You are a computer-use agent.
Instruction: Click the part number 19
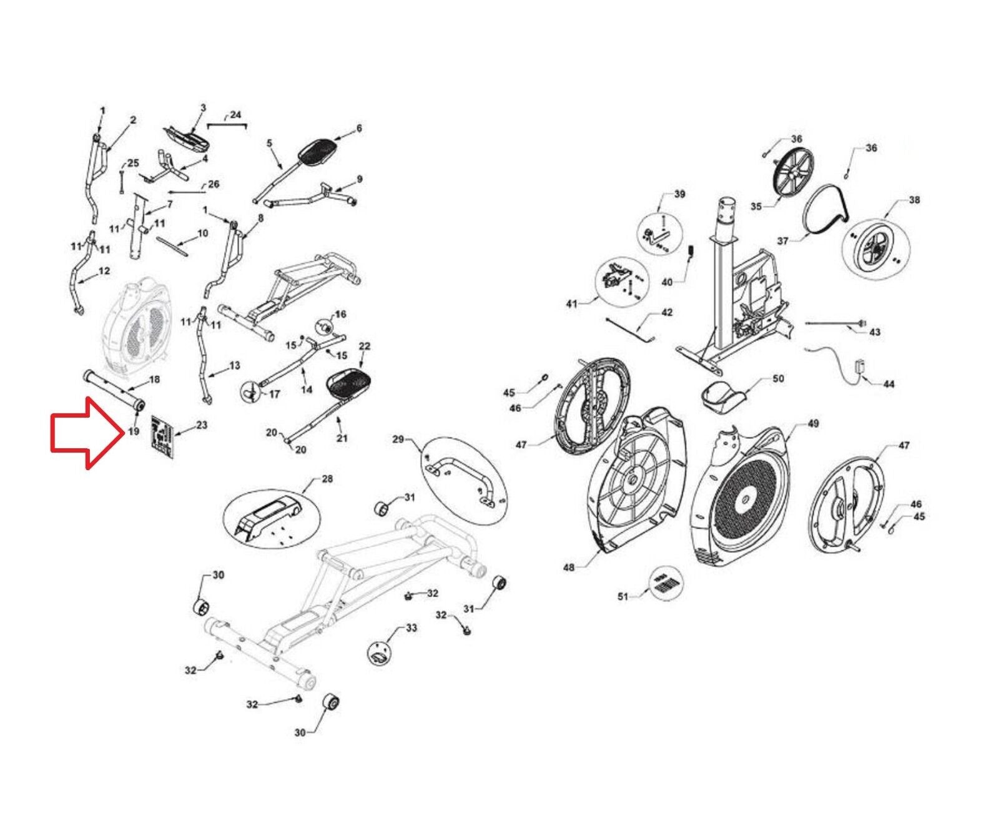[134, 431]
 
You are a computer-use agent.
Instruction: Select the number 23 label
[201, 425]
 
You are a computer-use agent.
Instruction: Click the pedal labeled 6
[318, 150]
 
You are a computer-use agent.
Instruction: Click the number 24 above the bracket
[235, 115]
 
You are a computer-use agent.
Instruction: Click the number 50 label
[778, 378]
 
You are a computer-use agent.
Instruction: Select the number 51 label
[623, 597]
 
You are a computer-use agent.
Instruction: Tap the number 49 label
[812, 423]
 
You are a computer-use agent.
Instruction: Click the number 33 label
[411, 627]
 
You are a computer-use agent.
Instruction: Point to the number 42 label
[667, 312]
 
